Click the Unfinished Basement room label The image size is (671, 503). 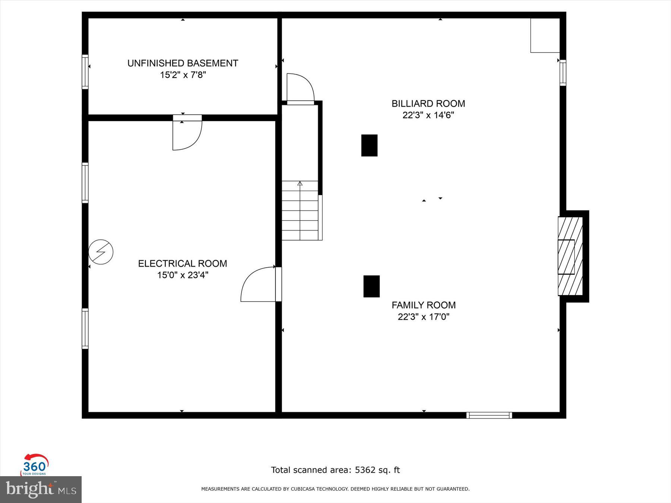pyautogui.click(x=183, y=63)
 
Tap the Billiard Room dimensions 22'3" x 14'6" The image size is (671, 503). pyautogui.click(x=428, y=115)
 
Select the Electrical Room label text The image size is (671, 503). pyautogui.click(x=182, y=263)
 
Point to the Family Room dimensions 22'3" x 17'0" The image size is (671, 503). pyautogui.click(x=423, y=317)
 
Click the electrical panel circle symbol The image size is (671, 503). pyautogui.click(x=101, y=252)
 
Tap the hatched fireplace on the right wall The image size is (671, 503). pyautogui.click(x=570, y=256)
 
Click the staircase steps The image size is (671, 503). pyautogui.click(x=300, y=211)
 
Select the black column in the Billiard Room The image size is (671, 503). pyautogui.click(x=369, y=145)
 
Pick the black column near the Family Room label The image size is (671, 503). pyautogui.click(x=371, y=286)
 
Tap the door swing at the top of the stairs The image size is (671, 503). pyautogui.click(x=300, y=88)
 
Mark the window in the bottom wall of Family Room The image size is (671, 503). pyautogui.click(x=489, y=415)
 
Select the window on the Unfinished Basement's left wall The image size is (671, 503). pyautogui.click(x=85, y=72)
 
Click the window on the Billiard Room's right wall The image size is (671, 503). pyautogui.click(x=563, y=73)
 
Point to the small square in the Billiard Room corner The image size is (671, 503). pyautogui.click(x=545, y=35)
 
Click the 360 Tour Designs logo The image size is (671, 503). pyautogui.click(x=34, y=465)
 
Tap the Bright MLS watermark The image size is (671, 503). pyautogui.click(x=41, y=489)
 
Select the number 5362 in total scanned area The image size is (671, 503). pyautogui.click(x=365, y=470)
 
